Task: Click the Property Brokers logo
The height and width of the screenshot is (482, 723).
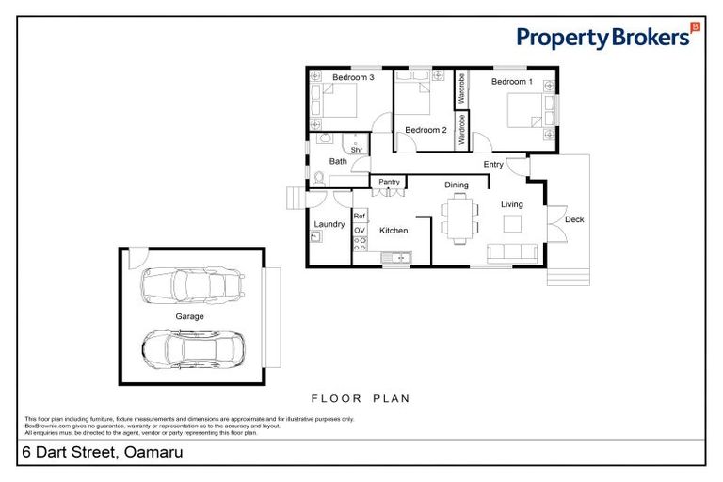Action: [608, 37]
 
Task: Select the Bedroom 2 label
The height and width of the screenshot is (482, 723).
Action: [426, 130]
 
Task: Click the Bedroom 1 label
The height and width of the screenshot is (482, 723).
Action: [511, 82]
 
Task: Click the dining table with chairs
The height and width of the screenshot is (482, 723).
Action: [458, 217]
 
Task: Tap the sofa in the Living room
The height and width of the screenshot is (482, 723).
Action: [514, 252]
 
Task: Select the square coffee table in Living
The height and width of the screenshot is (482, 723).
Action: [514, 224]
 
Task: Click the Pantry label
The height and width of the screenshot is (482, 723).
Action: [388, 182]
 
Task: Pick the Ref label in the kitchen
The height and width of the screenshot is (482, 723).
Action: [359, 217]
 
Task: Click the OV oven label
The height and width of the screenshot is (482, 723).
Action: [359, 230]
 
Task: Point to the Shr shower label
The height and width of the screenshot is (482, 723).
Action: [357, 149]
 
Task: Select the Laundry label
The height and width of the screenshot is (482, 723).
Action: [329, 224]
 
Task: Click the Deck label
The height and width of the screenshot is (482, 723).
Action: [573, 219]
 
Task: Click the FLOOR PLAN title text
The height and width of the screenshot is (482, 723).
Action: [361, 398]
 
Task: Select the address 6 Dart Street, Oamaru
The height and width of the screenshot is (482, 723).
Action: [103, 453]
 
